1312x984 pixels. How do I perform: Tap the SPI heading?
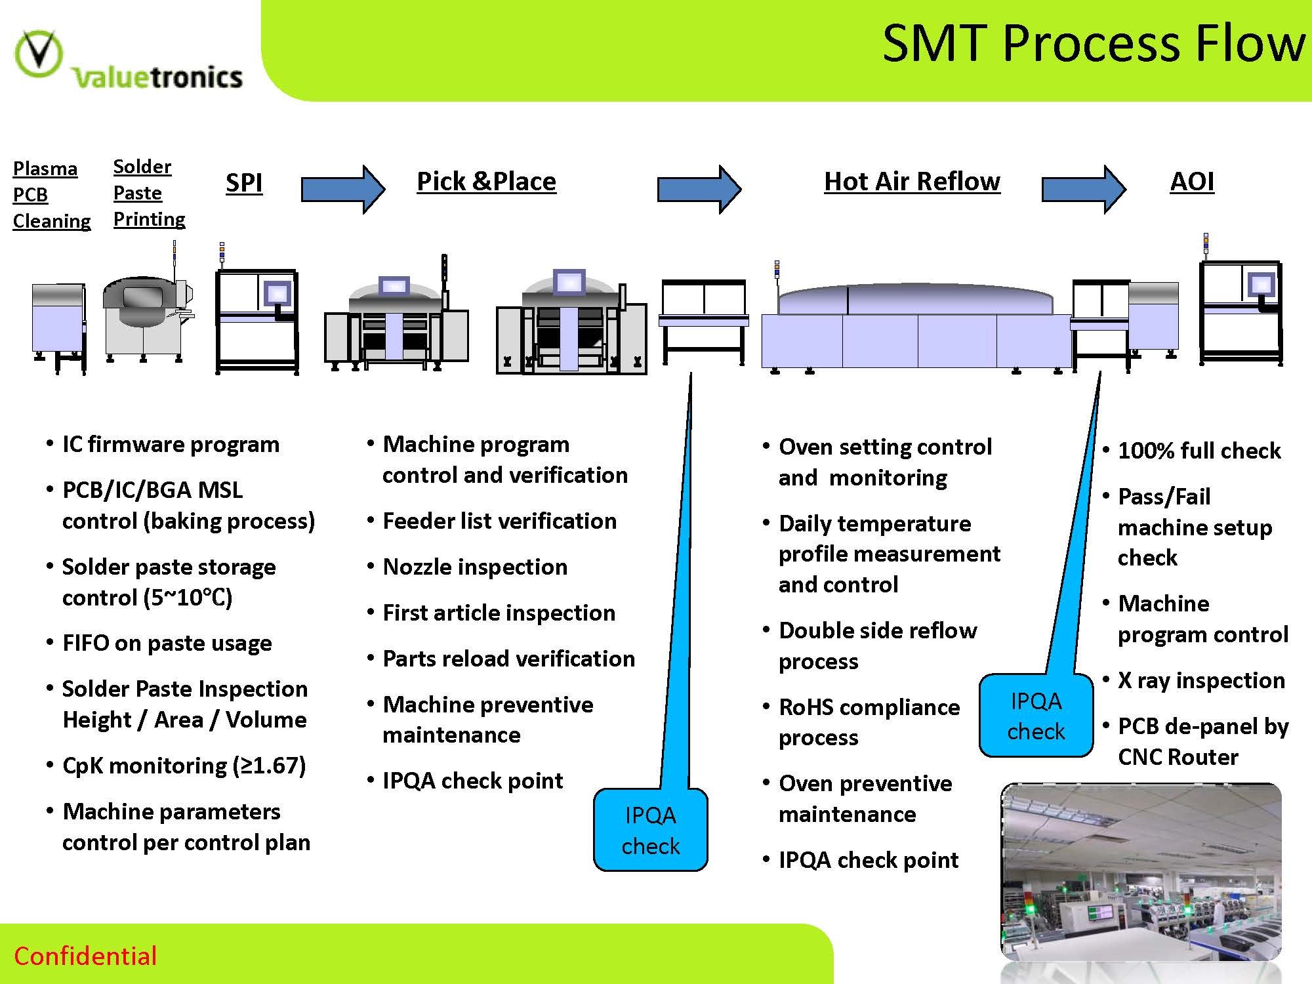coord(244,182)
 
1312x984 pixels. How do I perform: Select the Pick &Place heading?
coord(486,181)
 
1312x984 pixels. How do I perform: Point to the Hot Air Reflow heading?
coord(912,181)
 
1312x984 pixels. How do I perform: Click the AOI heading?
coord(1192,181)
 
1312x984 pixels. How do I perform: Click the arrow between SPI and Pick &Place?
coord(342,189)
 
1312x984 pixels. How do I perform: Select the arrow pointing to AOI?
coord(1084,189)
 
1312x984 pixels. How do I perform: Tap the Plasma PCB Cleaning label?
coord(51,195)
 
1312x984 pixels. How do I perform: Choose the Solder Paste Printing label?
coord(149,193)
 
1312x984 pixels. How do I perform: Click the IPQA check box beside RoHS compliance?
coord(1036,716)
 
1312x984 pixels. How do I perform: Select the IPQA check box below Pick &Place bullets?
coord(650,830)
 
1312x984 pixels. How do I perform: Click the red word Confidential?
coord(85,956)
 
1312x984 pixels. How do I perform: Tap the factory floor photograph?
coord(1141,872)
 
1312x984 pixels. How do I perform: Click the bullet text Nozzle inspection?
coord(475,567)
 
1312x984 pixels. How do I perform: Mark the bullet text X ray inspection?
coord(1201,680)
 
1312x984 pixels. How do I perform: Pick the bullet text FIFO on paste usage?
coord(167,643)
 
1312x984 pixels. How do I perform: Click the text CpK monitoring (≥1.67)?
coord(184,766)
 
